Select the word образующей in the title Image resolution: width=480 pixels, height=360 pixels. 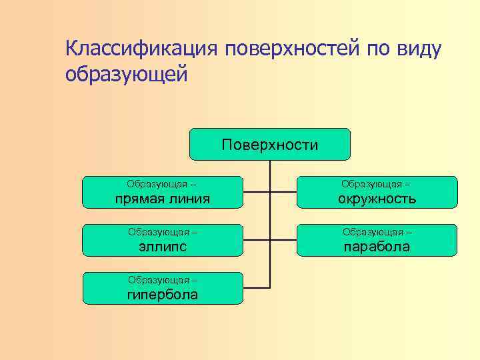point(127,74)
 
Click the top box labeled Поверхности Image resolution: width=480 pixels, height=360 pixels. point(269,145)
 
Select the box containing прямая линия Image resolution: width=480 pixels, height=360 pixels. point(163,192)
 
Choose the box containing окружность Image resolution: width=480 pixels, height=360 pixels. point(377,192)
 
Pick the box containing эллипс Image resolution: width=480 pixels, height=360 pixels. point(163,240)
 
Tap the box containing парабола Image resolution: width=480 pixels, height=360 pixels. point(377,240)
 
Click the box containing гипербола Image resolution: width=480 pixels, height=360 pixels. point(163,288)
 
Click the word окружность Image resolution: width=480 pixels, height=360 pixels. point(377,199)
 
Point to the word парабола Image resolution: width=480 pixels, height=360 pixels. point(377,247)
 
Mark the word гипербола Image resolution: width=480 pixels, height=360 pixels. point(163,295)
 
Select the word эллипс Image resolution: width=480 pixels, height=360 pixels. point(163,247)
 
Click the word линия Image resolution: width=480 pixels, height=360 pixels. point(190,199)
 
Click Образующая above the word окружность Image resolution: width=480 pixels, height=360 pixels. point(371,184)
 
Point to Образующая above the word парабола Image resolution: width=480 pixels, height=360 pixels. point(371,232)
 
